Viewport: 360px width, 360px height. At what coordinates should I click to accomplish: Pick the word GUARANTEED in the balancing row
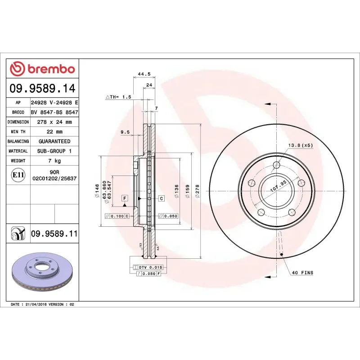point(54,141)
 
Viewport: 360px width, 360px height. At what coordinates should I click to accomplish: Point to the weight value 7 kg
point(54,161)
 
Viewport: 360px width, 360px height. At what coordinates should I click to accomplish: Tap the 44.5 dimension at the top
point(144,74)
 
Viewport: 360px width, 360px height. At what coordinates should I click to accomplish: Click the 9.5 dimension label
point(125,132)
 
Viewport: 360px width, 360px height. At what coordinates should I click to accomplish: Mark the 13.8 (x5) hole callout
point(301,145)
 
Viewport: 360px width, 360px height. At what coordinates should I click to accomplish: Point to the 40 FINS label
point(302,273)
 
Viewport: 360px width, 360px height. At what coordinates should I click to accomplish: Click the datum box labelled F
point(125,198)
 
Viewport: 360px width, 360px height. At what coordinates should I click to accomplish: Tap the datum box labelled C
point(161,198)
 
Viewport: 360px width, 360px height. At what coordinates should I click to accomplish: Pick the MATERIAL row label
point(18,151)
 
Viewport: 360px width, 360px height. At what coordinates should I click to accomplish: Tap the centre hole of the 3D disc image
point(40,269)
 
